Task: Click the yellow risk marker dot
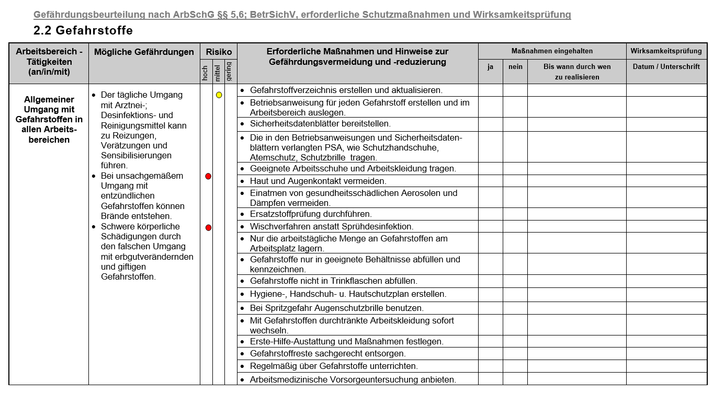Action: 219,95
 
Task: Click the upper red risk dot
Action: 208,177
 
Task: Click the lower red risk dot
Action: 208,228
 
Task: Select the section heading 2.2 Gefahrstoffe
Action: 83,30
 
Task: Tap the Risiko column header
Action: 219,52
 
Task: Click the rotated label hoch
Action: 206,73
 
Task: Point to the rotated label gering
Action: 229,71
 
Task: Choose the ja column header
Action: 490,67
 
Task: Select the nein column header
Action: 515,67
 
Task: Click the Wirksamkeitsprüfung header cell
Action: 666,51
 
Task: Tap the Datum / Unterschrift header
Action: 666,67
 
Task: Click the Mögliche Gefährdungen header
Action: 144,52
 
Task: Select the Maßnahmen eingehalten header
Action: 552,51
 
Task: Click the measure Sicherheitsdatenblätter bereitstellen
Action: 320,124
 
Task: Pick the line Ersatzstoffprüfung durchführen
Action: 311,214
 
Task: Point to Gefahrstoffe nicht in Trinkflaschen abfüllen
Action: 333,281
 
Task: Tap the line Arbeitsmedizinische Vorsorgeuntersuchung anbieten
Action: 353,379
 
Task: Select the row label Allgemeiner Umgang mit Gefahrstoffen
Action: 49,120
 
